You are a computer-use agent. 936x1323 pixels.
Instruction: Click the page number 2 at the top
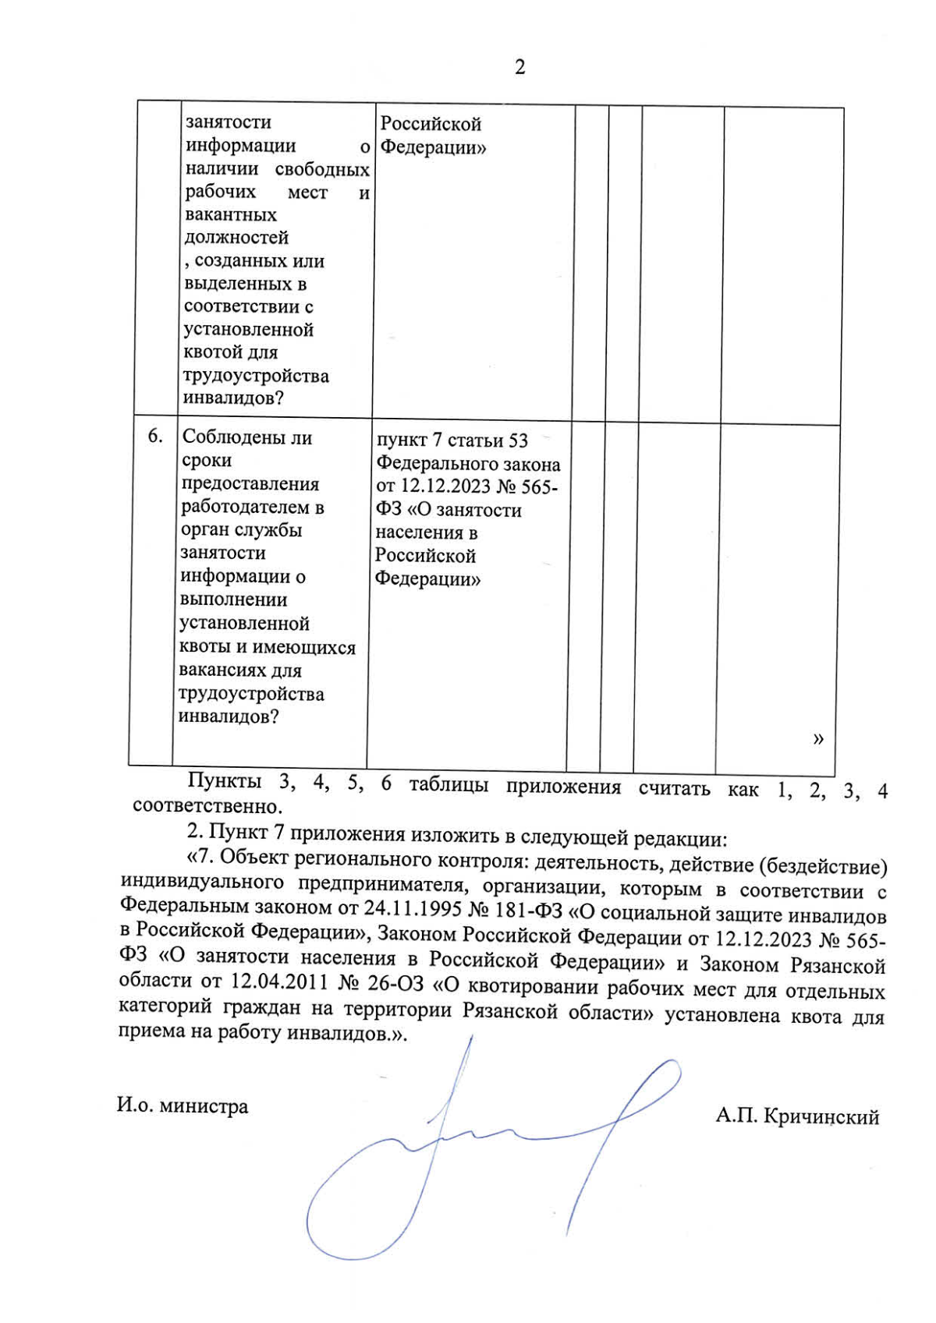[x=520, y=68]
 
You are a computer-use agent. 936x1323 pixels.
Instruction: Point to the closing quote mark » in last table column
[x=817, y=738]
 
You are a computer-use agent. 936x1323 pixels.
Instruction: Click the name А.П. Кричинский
[x=797, y=1117]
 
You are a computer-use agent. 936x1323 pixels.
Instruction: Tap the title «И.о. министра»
[x=183, y=1106]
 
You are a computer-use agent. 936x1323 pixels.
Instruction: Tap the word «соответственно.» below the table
[x=207, y=805]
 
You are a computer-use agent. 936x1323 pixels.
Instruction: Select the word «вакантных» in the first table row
[x=230, y=214]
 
